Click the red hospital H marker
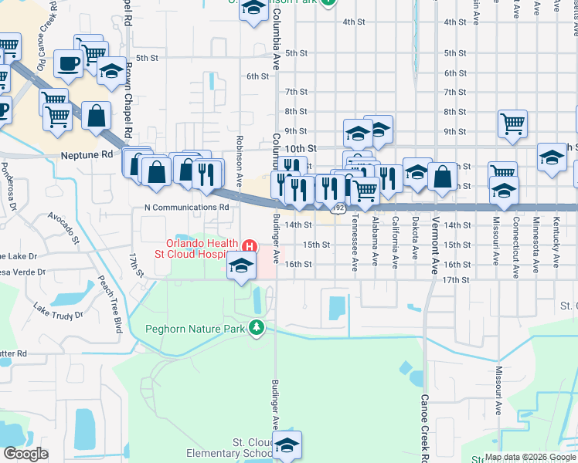tap(249, 246)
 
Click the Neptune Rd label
tap(86, 155)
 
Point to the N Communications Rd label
tap(187, 208)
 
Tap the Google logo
tap(25, 454)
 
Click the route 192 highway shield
tap(338, 208)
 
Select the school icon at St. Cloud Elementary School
tap(287, 445)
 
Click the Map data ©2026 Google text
tap(529, 457)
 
